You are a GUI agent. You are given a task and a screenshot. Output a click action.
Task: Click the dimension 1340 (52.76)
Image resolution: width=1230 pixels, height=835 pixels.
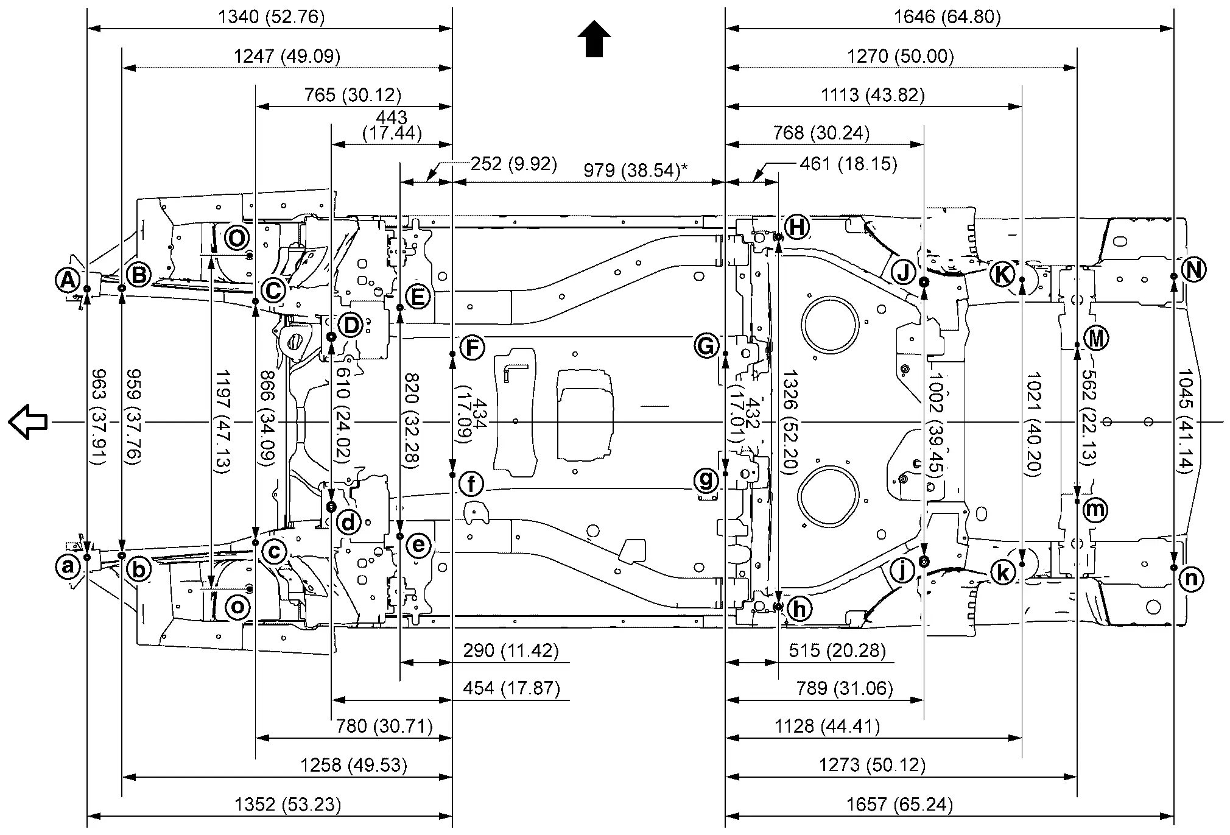(271, 16)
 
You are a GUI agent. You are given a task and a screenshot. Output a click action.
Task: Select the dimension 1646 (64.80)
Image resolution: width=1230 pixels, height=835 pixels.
(947, 16)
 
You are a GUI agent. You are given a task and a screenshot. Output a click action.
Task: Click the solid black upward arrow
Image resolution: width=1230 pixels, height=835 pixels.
(594, 39)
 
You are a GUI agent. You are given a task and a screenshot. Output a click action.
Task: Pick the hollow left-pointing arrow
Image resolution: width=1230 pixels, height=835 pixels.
(28, 421)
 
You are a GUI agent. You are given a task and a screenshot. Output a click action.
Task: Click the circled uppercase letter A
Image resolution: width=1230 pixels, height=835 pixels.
(68, 281)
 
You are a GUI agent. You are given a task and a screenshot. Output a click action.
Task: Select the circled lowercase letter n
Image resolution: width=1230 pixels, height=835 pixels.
(1191, 579)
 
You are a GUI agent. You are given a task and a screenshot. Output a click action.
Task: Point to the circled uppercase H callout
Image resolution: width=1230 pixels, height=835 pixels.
(796, 227)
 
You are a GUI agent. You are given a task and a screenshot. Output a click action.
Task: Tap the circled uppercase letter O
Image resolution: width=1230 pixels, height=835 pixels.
(237, 237)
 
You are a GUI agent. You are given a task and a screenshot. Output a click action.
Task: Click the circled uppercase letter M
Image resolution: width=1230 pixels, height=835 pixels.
(1097, 337)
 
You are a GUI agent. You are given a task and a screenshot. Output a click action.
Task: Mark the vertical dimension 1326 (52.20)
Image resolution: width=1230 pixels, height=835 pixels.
(790, 422)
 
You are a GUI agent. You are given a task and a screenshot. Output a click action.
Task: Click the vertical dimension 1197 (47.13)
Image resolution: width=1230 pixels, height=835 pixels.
(222, 421)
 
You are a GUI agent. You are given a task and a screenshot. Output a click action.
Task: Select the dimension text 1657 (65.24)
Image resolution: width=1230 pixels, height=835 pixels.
(899, 805)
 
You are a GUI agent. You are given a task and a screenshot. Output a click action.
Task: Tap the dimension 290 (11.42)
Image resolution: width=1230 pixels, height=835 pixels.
(510, 650)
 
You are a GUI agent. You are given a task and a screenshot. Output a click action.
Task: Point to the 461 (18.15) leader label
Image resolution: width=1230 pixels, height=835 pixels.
(848, 164)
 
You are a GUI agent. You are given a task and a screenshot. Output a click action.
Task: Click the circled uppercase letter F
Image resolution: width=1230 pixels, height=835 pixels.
(471, 349)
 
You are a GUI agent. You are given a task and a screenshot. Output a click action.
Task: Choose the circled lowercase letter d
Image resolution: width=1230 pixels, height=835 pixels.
(348, 522)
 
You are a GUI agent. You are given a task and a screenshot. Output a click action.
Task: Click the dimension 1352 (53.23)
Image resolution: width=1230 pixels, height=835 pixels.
(287, 805)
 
